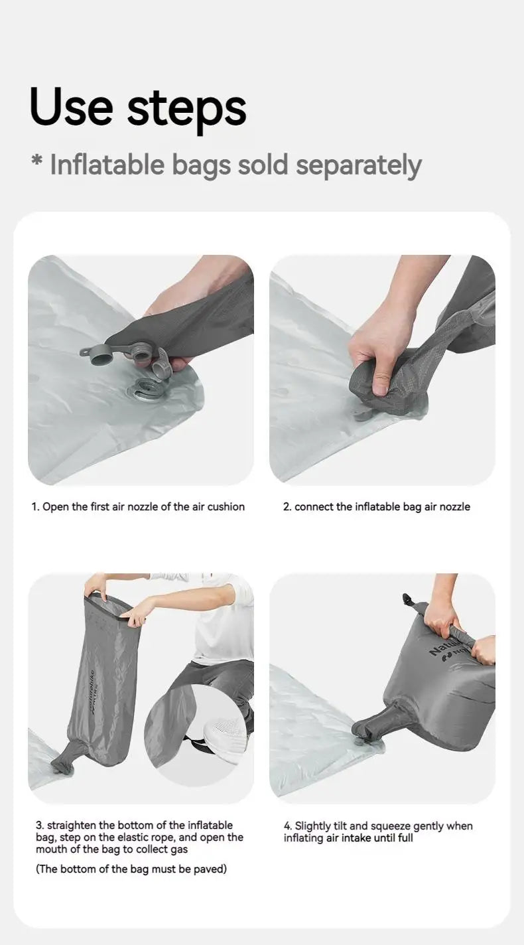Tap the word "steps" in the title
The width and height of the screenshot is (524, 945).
pos(186,109)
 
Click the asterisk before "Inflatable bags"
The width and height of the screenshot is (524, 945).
pos(37,161)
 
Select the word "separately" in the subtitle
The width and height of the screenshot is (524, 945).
pos(358,166)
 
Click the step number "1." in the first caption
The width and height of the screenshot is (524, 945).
pos(36,506)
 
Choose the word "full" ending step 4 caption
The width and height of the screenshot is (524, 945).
pos(405,837)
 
